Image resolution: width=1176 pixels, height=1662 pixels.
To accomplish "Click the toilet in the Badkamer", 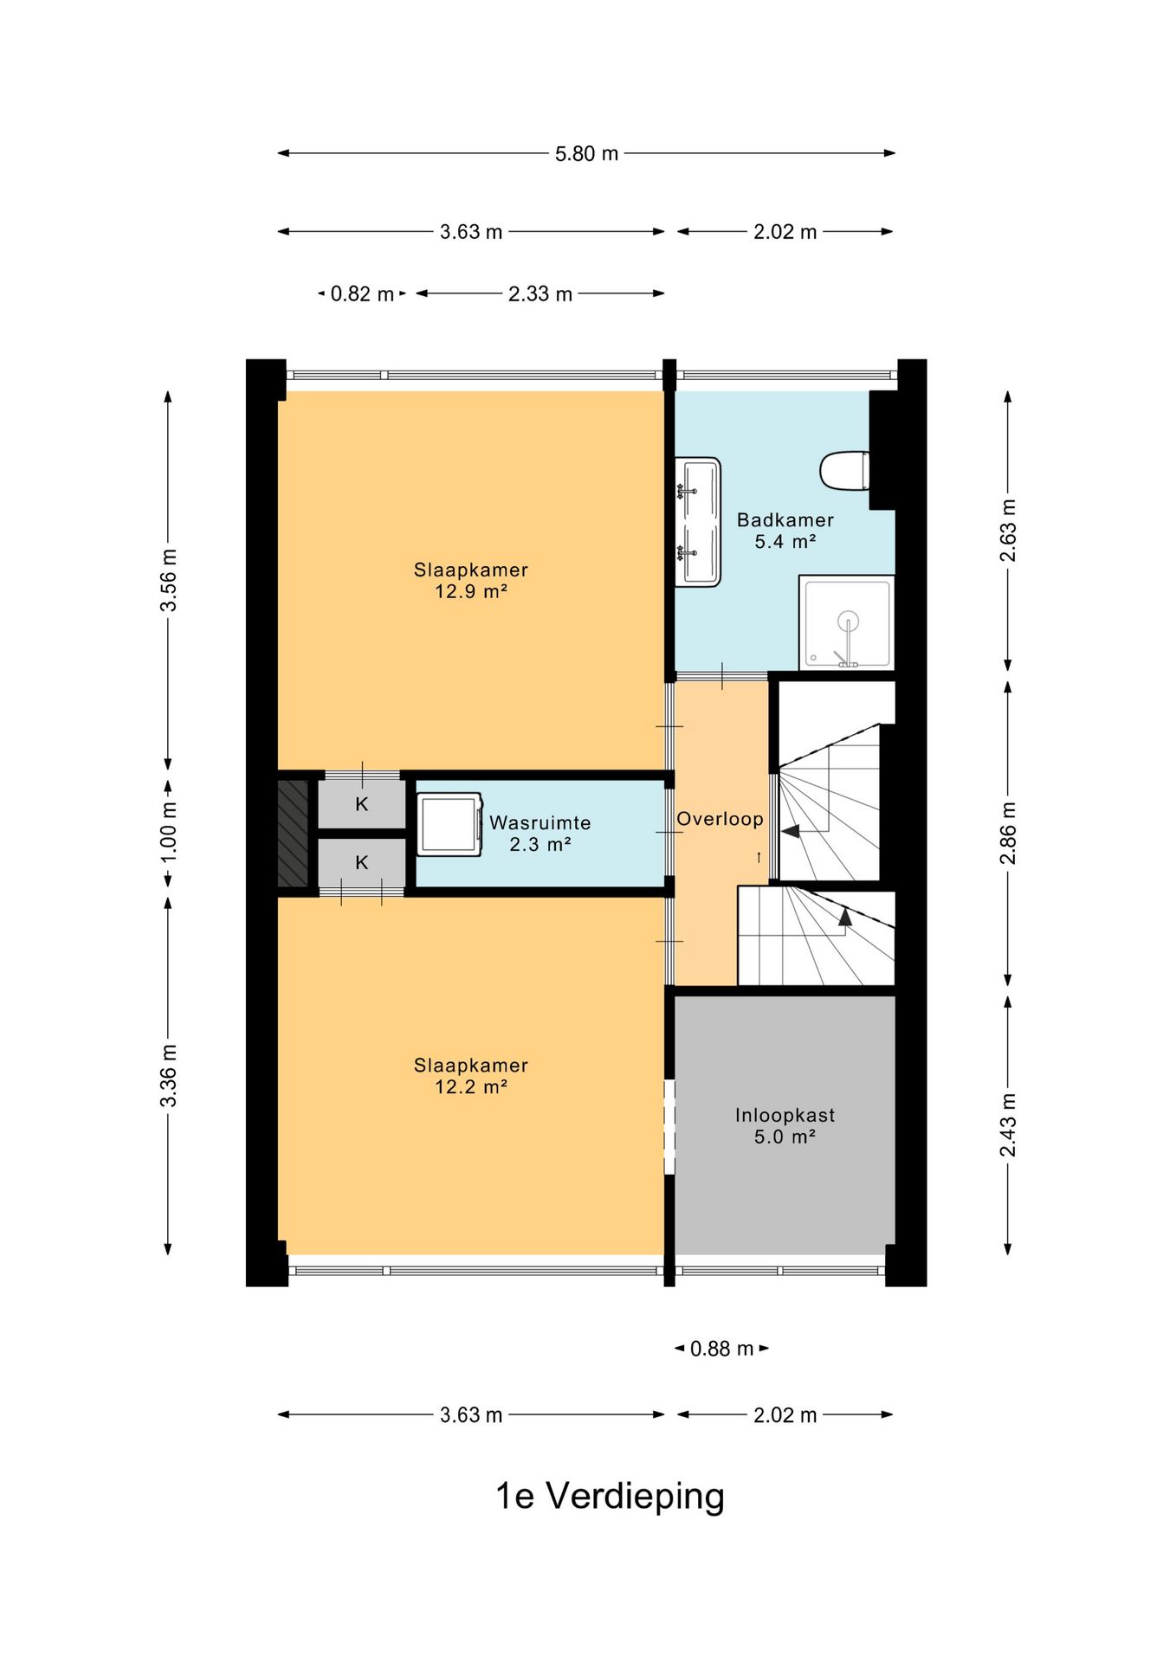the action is tap(844, 471).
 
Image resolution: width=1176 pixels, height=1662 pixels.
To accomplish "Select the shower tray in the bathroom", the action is tap(846, 622).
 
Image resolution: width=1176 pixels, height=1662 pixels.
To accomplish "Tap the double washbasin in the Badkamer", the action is tap(698, 522).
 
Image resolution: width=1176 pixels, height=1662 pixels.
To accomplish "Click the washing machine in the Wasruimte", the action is tap(449, 824).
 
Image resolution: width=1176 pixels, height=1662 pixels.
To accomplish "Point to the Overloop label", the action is tap(720, 819).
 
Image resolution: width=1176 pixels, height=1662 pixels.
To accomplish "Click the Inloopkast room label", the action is tap(785, 1115).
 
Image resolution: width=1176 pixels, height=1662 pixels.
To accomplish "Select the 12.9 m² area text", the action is tap(470, 591).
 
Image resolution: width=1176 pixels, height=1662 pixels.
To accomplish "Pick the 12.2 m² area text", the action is tap(470, 1086).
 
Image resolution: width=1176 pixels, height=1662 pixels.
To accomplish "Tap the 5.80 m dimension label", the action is tap(586, 153).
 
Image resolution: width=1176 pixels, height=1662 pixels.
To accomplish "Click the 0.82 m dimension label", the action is tap(362, 293).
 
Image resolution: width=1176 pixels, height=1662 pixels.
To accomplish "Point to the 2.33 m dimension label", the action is tap(540, 293).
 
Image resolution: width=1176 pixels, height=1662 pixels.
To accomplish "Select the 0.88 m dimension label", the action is tap(721, 1348).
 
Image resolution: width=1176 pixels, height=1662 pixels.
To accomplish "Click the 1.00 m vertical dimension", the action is tap(168, 831).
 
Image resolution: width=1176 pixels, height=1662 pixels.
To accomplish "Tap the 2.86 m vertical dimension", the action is tap(1008, 833).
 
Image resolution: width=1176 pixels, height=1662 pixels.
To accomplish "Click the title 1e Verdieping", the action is tap(610, 1495).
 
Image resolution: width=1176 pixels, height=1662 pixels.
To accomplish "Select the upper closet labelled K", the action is tap(362, 804).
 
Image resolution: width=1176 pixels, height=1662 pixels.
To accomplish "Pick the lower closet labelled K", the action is tap(362, 862).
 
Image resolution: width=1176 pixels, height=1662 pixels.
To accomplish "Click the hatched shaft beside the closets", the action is tap(293, 834).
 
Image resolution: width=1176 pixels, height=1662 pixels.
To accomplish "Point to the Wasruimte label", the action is tap(540, 822).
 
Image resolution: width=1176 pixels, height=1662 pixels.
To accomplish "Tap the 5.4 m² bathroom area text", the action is tap(785, 541).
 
